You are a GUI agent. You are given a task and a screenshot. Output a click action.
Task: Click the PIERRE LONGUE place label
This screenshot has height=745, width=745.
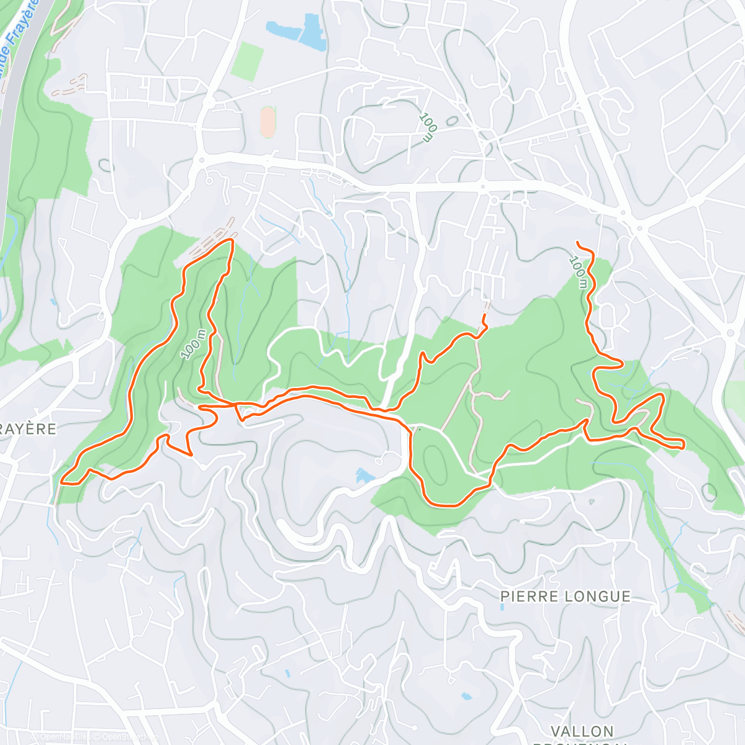[x=565, y=597]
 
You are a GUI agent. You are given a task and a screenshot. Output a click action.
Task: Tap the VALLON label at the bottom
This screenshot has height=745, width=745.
[x=582, y=731]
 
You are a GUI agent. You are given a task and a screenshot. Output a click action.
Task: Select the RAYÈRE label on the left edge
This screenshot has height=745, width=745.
[x=28, y=429]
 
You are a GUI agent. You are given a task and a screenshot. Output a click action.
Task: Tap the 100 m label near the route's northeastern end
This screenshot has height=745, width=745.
[x=578, y=272]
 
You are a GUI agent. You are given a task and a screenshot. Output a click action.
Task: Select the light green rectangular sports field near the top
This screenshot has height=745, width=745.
[x=247, y=61]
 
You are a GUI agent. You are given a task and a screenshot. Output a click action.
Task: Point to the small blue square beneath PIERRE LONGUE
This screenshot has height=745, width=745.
[x=502, y=607]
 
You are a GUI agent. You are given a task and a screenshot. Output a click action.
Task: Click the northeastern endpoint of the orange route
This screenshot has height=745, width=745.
[x=578, y=242]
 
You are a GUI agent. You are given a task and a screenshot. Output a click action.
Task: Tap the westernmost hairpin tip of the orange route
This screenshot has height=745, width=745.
[x=62, y=481]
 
